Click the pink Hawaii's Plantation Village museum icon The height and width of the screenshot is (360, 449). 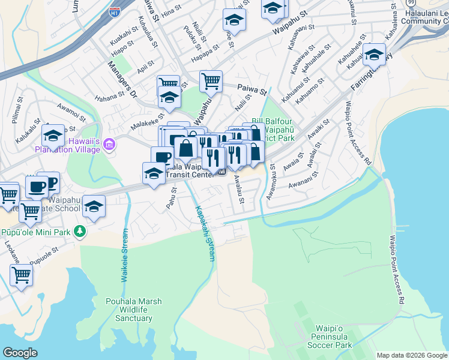point(109,145)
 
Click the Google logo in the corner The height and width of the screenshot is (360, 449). point(20,353)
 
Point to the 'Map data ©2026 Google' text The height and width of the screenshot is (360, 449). point(411,355)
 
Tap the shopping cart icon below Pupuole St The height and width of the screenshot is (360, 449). point(21,275)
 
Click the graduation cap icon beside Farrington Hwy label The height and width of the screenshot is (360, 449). point(374,56)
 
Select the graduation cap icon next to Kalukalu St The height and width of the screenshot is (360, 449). point(53,136)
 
